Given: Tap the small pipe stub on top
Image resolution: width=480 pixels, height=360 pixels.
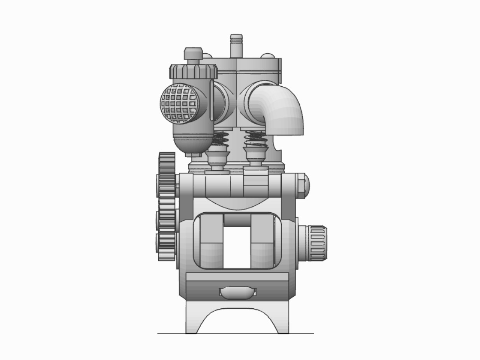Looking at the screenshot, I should (236, 45).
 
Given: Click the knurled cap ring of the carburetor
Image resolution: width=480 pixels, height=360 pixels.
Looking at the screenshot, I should (193, 72).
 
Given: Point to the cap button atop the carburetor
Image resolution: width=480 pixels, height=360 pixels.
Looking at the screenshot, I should (193, 53).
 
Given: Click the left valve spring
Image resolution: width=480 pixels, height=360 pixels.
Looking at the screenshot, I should (220, 139).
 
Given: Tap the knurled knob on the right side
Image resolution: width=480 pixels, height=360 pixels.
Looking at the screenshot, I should (318, 243).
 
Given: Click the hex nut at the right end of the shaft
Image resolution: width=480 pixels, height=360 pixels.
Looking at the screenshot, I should (303, 185).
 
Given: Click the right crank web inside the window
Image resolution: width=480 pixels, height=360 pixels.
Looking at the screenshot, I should (262, 241).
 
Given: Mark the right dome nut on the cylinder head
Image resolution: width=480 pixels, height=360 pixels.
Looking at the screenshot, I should (267, 56).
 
